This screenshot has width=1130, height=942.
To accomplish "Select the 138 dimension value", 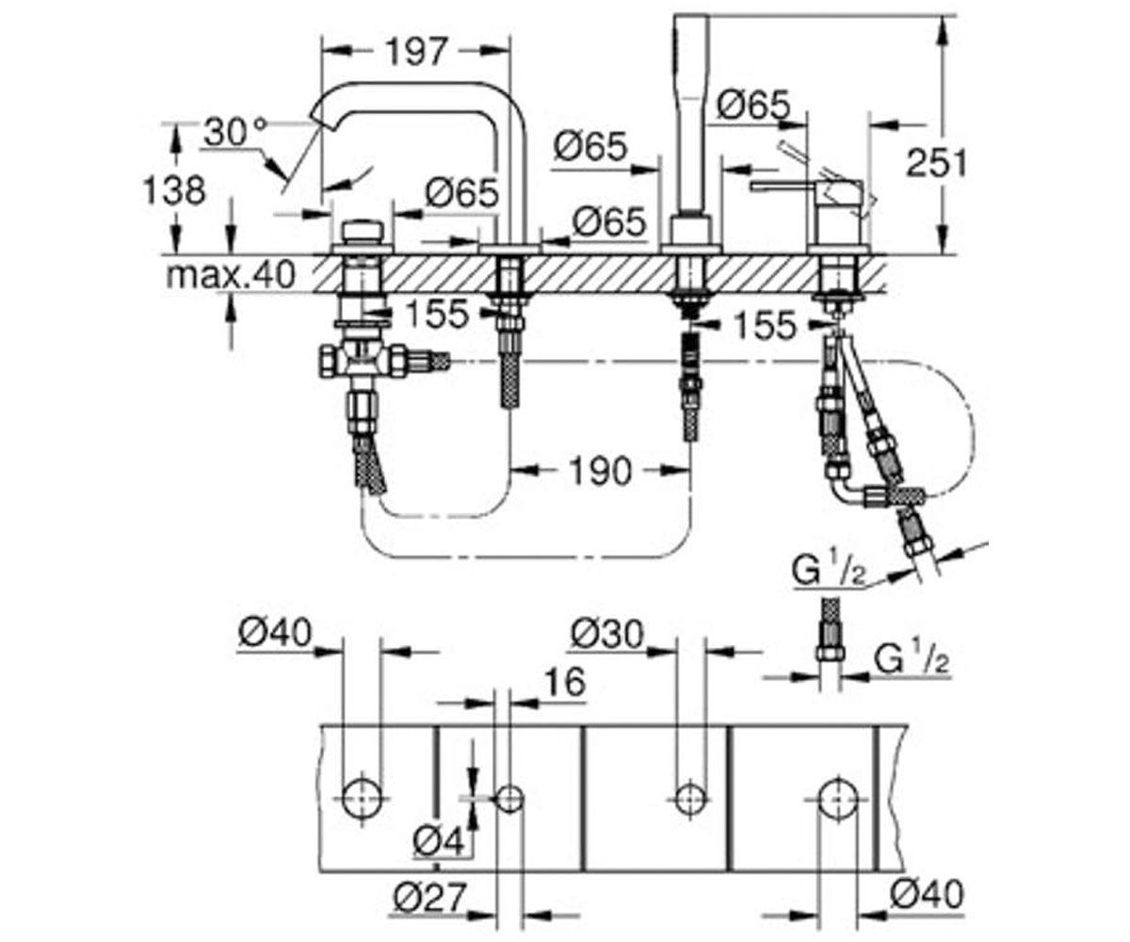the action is click(x=174, y=189).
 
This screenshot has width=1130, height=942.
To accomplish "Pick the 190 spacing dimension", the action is click(x=601, y=470).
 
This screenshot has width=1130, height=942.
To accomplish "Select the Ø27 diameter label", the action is click(x=429, y=897).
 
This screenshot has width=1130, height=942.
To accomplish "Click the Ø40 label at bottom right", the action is click(x=927, y=893).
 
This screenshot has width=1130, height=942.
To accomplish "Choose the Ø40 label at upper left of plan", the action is click(x=275, y=632).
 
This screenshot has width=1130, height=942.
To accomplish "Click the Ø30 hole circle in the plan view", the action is click(x=691, y=796).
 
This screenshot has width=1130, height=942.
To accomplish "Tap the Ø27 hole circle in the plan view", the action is click(x=509, y=798).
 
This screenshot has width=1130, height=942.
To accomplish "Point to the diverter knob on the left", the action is click(x=363, y=234).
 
